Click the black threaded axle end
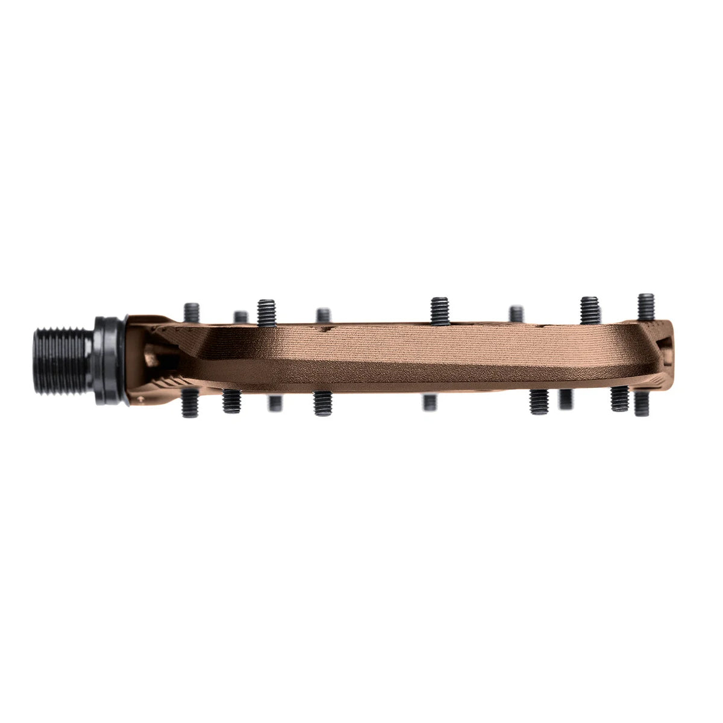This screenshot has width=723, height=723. (x=60, y=360)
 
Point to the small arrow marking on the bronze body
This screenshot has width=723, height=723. (x=142, y=398)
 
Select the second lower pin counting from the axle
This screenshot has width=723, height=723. (x=231, y=401)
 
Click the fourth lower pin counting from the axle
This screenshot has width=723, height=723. (x=323, y=404)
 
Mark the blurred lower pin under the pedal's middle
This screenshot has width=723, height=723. (x=430, y=402)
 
